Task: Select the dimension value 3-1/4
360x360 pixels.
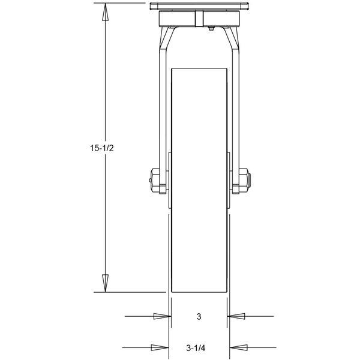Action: (x=197, y=347)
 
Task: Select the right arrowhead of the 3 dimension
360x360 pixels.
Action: (x=236, y=316)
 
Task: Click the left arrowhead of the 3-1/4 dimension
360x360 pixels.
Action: (x=159, y=347)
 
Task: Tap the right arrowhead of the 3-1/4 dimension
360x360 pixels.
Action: (x=238, y=347)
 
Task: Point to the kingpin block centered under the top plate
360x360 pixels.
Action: (x=199, y=19)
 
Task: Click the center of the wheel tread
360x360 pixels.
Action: (x=199, y=180)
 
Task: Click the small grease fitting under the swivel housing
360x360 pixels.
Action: (x=212, y=28)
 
